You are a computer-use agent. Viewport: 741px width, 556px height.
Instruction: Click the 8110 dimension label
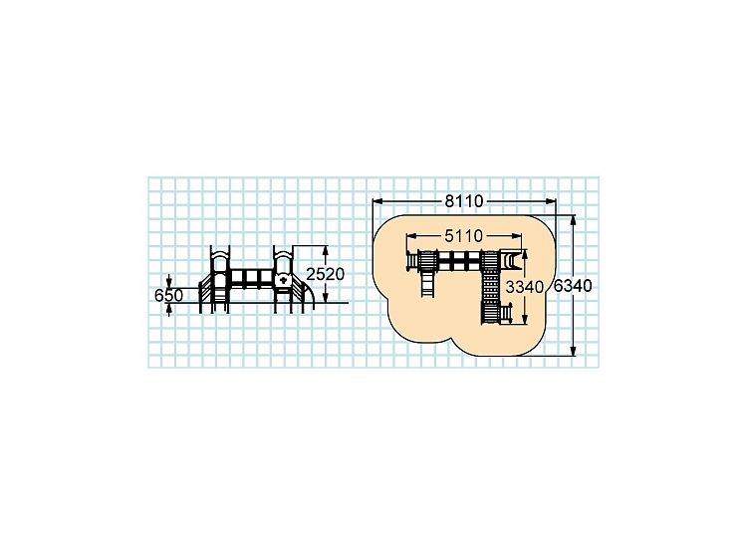(x=464, y=201)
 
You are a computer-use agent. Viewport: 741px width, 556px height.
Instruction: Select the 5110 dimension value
(x=463, y=235)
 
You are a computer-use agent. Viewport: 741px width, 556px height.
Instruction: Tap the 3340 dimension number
(x=525, y=287)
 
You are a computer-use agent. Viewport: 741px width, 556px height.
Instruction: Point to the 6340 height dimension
(x=573, y=286)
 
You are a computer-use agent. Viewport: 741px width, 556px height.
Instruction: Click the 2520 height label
(x=325, y=274)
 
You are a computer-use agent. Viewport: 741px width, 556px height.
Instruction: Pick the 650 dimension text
(x=168, y=296)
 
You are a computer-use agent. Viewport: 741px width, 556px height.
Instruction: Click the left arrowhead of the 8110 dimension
(x=377, y=201)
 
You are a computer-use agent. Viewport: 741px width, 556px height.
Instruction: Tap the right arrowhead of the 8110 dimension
(x=551, y=201)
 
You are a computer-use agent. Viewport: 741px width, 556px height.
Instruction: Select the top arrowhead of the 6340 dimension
(x=574, y=220)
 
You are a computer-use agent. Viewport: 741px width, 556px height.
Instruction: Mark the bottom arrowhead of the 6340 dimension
(x=574, y=351)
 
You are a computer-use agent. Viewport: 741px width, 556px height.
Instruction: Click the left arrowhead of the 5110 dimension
(x=411, y=235)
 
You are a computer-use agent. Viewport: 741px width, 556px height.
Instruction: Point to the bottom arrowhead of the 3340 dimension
(x=525, y=319)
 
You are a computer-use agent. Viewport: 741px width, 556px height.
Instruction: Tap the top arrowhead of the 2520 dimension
(x=325, y=251)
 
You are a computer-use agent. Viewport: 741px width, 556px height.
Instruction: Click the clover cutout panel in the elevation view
(x=283, y=280)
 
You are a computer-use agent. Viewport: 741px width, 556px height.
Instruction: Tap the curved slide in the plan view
(x=509, y=261)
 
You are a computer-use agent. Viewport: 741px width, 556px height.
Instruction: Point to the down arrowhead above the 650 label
(x=168, y=283)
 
